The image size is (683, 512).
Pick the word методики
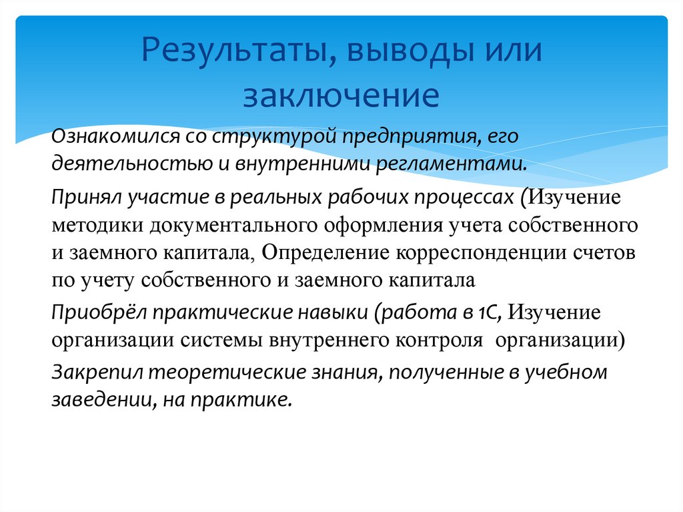[x=93, y=226]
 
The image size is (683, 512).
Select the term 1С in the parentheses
[x=498, y=312]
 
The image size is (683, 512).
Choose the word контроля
[x=443, y=339]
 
